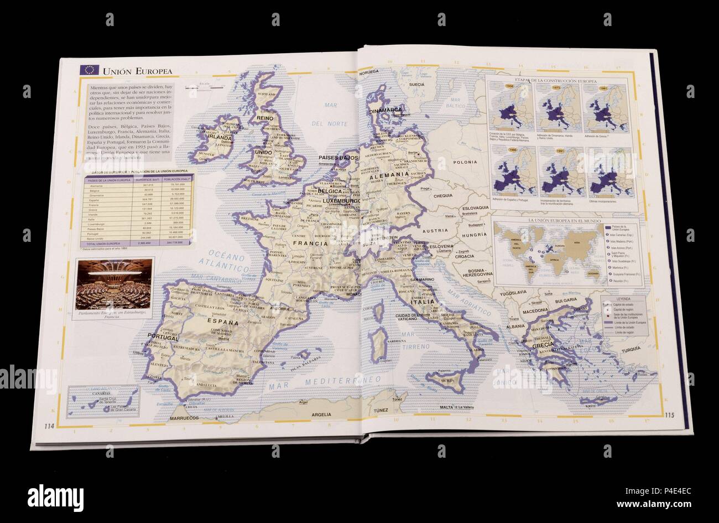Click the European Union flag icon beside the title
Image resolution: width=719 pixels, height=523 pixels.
tap(89, 70)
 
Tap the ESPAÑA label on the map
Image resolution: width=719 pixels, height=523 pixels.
tap(220, 322)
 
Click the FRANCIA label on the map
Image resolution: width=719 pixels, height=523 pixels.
tap(310, 242)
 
